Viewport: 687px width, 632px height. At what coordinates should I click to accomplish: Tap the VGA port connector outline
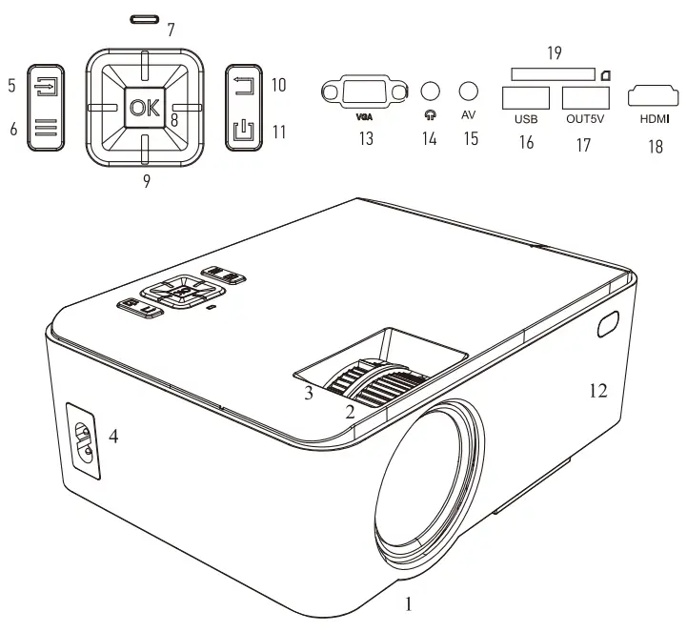(359, 93)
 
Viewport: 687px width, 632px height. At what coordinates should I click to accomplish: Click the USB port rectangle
(525, 97)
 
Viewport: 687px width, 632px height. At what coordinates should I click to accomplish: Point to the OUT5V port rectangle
(585, 97)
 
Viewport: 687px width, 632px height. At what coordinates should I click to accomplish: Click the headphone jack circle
(431, 91)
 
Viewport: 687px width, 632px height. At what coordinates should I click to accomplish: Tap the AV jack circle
(468, 91)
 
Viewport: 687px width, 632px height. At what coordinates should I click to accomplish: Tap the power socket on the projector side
(87, 443)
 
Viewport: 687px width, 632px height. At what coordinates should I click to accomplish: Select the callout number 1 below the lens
(410, 603)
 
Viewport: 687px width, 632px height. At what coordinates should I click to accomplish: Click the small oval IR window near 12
(607, 325)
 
